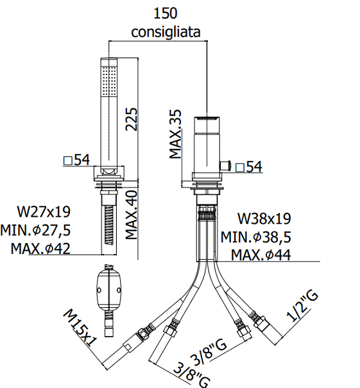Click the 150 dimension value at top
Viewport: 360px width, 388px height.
point(166,13)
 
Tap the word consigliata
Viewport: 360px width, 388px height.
point(166,32)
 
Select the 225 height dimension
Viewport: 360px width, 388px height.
point(131,119)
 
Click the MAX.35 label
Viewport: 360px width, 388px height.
point(175,134)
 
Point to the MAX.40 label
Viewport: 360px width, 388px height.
point(131,215)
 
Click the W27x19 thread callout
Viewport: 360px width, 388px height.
point(44,212)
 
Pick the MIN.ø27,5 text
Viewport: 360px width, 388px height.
point(35,230)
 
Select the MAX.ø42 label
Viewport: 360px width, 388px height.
point(40,249)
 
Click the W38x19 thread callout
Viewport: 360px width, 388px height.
point(264,219)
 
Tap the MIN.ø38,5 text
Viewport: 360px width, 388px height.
point(256,237)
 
